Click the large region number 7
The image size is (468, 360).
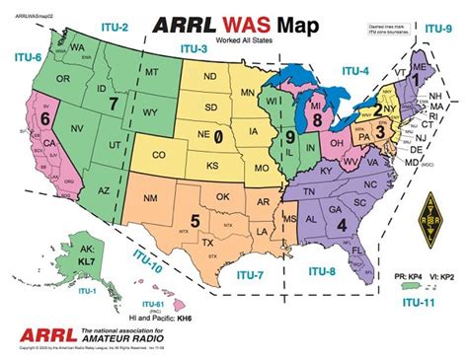point(115,101)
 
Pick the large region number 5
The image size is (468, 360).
point(195,220)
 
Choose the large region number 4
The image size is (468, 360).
point(342,224)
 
